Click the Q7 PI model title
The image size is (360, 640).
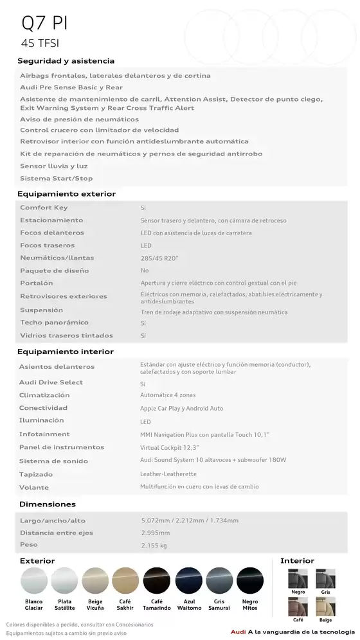pyautogui.click(x=44, y=23)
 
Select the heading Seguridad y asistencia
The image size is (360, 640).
pyautogui.click(x=66, y=61)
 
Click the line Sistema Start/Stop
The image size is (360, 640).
pyautogui.click(x=56, y=179)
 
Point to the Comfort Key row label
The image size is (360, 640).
pyautogui.click(x=44, y=208)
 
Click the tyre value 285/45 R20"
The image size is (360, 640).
pyautogui.click(x=159, y=258)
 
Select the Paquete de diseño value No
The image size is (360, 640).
pyautogui.click(x=145, y=271)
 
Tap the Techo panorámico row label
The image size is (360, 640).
pyautogui.click(x=54, y=323)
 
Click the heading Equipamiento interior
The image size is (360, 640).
pyautogui.click(x=66, y=351)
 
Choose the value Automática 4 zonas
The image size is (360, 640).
pyautogui.click(x=168, y=395)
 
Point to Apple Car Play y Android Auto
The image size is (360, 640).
pyautogui.click(x=181, y=408)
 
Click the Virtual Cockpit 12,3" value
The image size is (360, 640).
pyautogui.click(x=170, y=447)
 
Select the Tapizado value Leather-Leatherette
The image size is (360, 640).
pyautogui.click(x=168, y=474)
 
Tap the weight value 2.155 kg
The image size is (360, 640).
pyautogui.click(x=154, y=546)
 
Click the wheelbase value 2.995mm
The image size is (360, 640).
pyautogui.click(x=156, y=533)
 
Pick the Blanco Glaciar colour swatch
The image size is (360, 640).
pyautogui.click(x=33, y=581)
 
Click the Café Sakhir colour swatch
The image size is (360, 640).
pyautogui.click(x=125, y=581)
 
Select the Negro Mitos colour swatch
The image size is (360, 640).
pyautogui.click(x=250, y=581)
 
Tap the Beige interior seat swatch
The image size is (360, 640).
pyautogui.click(x=325, y=607)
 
